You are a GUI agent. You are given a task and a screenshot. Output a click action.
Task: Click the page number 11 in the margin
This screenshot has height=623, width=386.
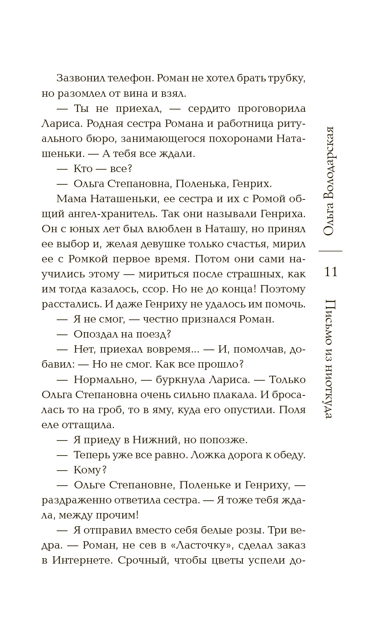[331, 272]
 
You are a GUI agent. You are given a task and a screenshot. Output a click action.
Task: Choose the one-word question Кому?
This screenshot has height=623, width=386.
[90, 470]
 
